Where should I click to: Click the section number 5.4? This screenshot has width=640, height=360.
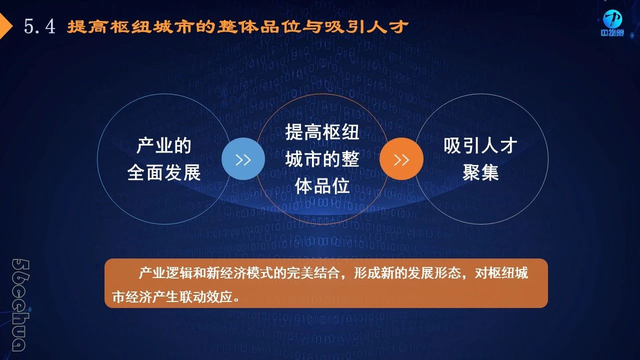(39, 26)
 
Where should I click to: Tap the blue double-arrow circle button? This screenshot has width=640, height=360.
(243, 159)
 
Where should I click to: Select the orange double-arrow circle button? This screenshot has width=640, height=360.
(401, 159)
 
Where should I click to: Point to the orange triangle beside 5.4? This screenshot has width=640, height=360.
(5, 26)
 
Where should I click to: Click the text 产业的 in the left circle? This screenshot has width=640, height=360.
(164, 145)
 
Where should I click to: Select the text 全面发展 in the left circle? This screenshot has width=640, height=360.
(164, 172)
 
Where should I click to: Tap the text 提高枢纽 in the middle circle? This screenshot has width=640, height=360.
(322, 132)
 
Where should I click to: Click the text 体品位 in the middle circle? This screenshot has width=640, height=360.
(322, 186)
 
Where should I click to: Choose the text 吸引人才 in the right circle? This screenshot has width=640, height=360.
(480, 145)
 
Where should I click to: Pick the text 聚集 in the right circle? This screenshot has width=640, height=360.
(480, 172)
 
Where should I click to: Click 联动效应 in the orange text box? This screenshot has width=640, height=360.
(206, 297)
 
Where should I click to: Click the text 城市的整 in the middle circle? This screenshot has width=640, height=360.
(322, 159)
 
